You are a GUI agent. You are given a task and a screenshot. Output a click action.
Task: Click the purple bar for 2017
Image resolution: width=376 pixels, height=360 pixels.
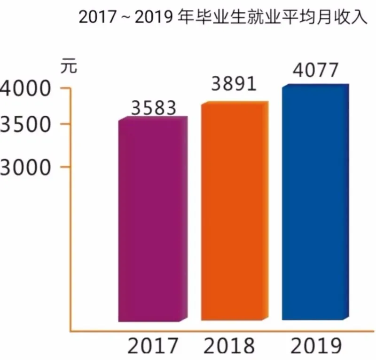coord(149,221)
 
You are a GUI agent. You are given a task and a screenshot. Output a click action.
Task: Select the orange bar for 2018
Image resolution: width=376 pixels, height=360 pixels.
coord(233,212)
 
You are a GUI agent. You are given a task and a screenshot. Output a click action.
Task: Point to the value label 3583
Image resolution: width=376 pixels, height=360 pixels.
coord(153,108)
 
